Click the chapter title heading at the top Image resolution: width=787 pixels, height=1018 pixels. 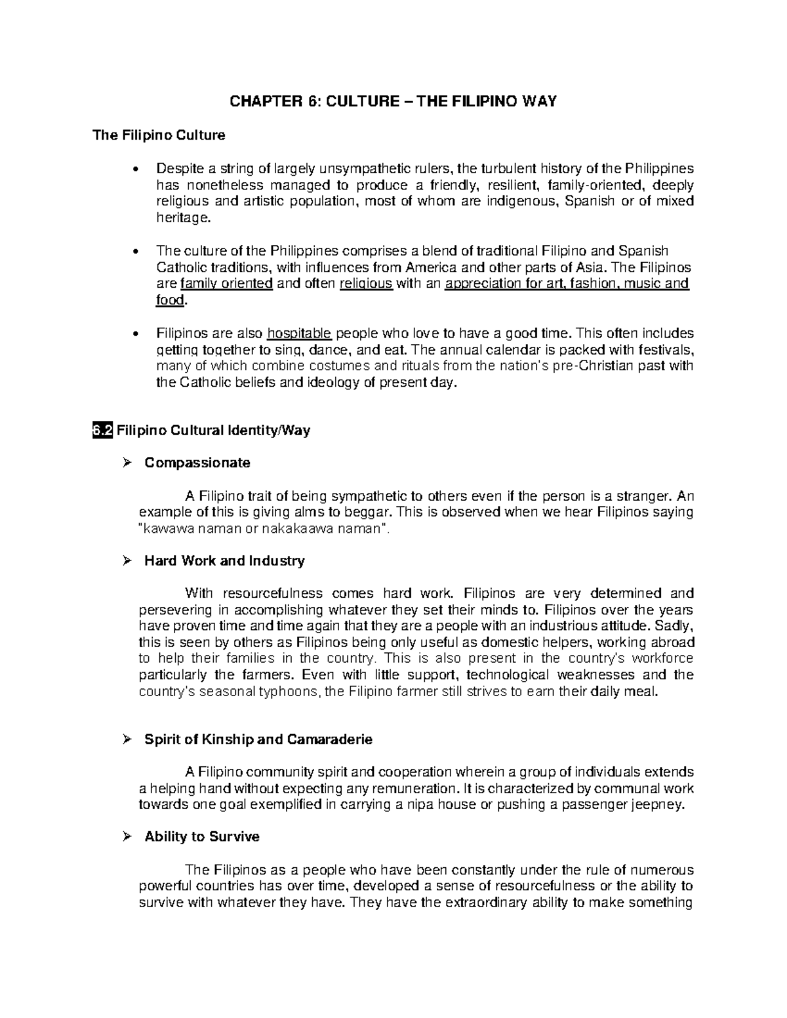pos(392,102)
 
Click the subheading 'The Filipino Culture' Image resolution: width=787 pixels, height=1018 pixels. pos(159,136)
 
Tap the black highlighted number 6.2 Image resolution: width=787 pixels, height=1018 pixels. pos(103,431)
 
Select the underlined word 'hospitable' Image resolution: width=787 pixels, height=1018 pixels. pos(300,333)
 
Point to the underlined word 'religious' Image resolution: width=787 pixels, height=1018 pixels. pos(366,284)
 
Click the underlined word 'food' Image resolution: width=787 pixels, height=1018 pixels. pos(170,300)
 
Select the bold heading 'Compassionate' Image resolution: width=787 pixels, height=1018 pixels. pos(197,463)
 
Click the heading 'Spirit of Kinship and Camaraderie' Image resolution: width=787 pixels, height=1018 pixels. pos(258,739)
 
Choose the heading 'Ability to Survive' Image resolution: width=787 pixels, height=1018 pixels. pos(202,837)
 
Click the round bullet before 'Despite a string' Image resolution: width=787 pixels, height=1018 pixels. pos(136,169)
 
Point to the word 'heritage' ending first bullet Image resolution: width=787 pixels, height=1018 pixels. pos(182,218)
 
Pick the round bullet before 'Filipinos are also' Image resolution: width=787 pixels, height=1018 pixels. pos(136,334)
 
